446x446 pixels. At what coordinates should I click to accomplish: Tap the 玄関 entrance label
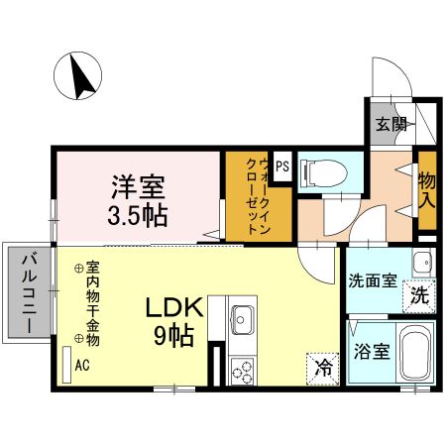point(390,125)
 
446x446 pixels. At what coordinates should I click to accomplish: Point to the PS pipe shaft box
point(282,167)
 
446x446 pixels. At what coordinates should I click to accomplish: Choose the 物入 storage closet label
point(427,191)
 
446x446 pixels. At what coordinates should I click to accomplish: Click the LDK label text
point(176,307)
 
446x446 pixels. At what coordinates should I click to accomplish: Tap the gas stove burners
point(243,372)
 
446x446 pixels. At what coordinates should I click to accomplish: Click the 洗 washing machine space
point(419,294)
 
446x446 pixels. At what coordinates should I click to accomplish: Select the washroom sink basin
point(422,263)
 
